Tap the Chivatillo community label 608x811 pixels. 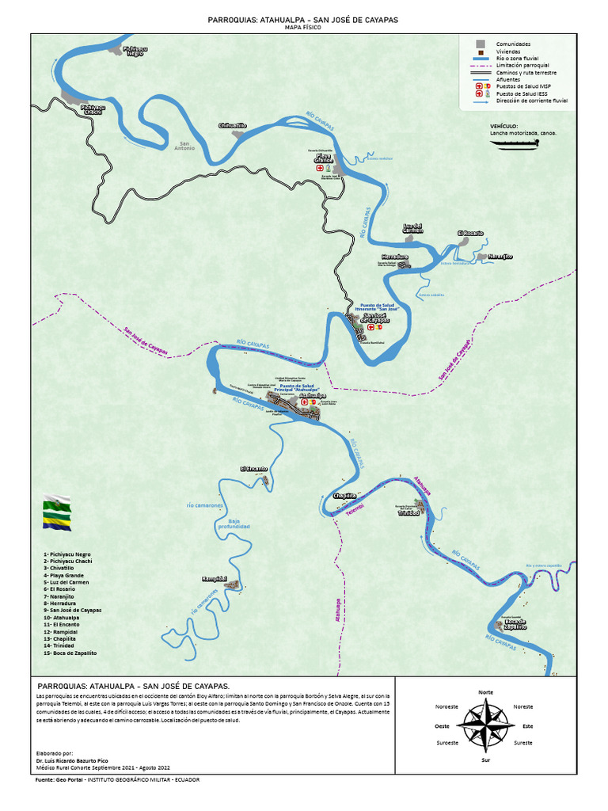click(232, 126)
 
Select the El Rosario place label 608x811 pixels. click(469, 233)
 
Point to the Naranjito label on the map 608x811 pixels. click(500, 257)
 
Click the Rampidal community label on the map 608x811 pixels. click(215, 579)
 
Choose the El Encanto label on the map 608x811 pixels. click(254, 469)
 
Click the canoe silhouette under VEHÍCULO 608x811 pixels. click(514, 143)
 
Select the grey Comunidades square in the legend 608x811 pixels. click(481, 44)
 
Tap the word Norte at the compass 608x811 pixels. click(486, 692)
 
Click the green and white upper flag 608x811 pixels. click(56, 503)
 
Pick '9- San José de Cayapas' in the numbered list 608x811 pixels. click(73, 611)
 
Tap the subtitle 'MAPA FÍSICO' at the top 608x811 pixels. click(303, 27)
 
